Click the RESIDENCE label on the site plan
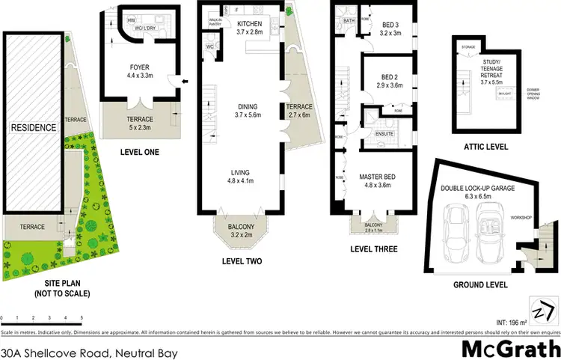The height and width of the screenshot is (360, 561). [x=34, y=128]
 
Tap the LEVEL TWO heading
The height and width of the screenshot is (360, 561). [x=242, y=261]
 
